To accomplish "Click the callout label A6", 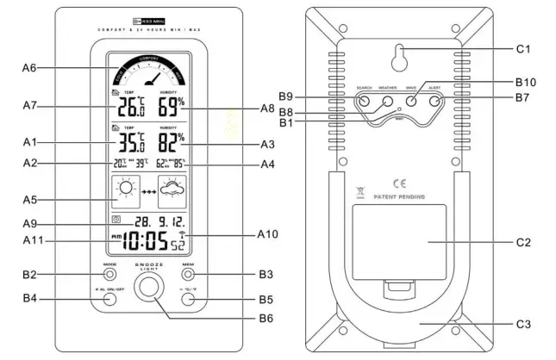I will click(29, 68).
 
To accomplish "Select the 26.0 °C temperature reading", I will click(130, 107).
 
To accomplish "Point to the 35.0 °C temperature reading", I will click(130, 142).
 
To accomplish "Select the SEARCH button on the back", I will click(364, 102).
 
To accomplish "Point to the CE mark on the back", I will click(399, 183).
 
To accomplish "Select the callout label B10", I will click(525, 82).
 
